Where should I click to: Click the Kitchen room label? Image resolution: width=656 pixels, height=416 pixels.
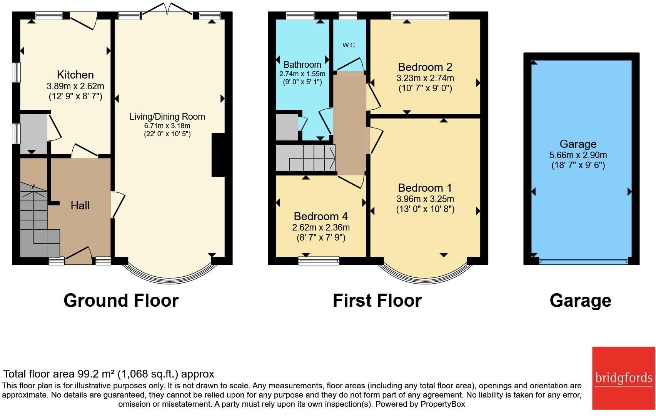pyautogui.click(x=75, y=75)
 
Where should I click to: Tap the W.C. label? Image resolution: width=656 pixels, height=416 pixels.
pyautogui.click(x=349, y=45)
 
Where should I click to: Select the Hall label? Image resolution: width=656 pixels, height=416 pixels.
pyautogui.click(x=80, y=205)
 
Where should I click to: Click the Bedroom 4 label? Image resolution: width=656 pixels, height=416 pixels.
pyautogui.click(x=320, y=216)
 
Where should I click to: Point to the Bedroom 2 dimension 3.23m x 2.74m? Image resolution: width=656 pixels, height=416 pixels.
pyautogui.click(x=425, y=78)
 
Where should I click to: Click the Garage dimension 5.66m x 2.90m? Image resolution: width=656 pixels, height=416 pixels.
pyautogui.click(x=578, y=155)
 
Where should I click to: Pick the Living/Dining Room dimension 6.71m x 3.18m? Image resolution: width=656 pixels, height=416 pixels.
pyautogui.click(x=167, y=126)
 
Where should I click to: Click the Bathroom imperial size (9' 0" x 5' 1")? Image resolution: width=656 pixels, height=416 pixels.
pyautogui.click(x=302, y=82)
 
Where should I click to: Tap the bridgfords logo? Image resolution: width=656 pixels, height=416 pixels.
pyautogui.click(x=624, y=378)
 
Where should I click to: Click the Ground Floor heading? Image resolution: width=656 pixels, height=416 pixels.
pyautogui.click(x=121, y=301)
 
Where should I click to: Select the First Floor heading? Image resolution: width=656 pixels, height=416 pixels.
pyautogui.click(x=377, y=301)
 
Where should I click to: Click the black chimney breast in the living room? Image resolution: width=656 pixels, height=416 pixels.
pyautogui.click(x=218, y=155)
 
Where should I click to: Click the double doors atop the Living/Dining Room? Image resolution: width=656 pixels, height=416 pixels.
pyautogui.click(x=167, y=9)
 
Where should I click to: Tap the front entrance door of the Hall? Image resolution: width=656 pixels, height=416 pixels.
pyautogui.click(x=78, y=255)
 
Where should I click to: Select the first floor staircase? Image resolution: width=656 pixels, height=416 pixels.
pyautogui.click(x=305, y=158)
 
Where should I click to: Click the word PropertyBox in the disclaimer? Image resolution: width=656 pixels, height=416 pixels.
pyautogui.click(x=443, y=404)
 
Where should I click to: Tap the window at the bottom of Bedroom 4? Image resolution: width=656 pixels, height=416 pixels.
pyautogui.click(x=319, y=261)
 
